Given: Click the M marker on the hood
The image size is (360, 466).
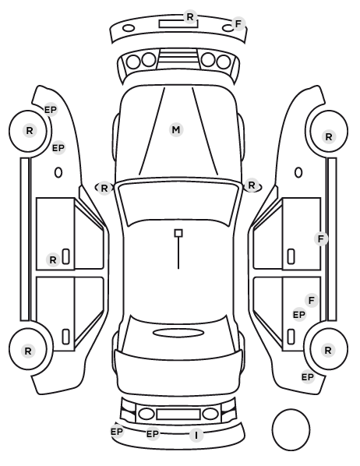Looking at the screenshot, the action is (176, 130).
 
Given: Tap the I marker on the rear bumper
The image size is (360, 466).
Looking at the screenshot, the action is (196, 435).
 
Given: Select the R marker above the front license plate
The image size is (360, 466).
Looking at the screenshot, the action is (190, 16).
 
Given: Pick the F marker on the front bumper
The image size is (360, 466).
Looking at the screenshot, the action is (238, 24).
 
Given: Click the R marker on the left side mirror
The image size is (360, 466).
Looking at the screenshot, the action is (104, 188).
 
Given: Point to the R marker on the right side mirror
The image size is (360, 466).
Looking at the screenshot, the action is (252, 185).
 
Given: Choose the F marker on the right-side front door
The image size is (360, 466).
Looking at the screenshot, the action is (321, 238).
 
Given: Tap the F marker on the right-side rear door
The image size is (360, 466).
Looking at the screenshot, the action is (312, 301).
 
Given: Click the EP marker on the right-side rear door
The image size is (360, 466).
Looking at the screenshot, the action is (299, 314).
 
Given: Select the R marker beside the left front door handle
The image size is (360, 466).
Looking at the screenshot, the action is (53, 260).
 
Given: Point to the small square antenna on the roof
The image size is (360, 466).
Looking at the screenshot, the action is (178, 233).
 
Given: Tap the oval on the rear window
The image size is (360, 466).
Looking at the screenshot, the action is (178, 334).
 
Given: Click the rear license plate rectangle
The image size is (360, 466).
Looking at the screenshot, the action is (178, 414).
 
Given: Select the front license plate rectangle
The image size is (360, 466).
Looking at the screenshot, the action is (178, 23).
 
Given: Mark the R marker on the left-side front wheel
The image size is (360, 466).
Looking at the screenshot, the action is (30, 130).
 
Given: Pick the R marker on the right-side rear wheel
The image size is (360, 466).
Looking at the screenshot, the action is (328, 351).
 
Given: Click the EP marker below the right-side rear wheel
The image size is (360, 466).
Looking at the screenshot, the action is (308, 377).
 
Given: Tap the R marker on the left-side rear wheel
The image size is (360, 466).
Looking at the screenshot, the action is (28, 351).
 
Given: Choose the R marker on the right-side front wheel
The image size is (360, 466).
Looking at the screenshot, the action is (329, 137).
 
